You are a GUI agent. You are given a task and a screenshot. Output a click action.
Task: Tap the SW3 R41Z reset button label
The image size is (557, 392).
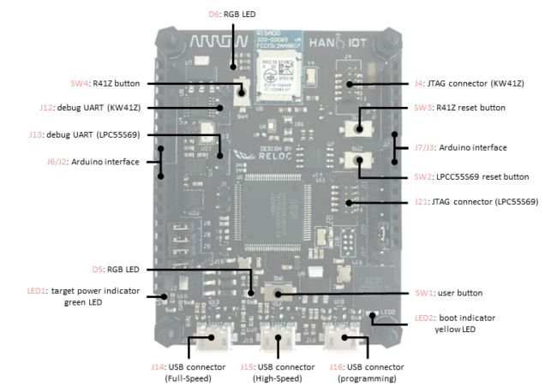tap(459, 107)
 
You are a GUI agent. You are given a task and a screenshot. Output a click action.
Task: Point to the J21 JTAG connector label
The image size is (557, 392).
tap(464, 202)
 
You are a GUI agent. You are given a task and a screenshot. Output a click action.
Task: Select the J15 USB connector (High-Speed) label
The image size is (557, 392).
tap(278, 371)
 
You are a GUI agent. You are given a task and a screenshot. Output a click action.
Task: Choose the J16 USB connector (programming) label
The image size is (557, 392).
tap(366, 371)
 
